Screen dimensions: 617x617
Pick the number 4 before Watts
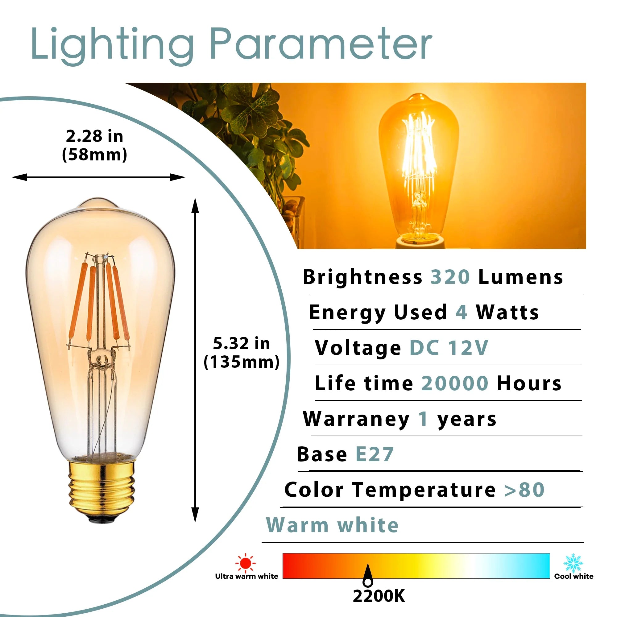coord(461,312)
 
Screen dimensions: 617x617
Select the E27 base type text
coord(374,454)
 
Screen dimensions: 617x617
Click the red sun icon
coord(245,563)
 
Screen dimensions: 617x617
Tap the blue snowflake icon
coord(573,563)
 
